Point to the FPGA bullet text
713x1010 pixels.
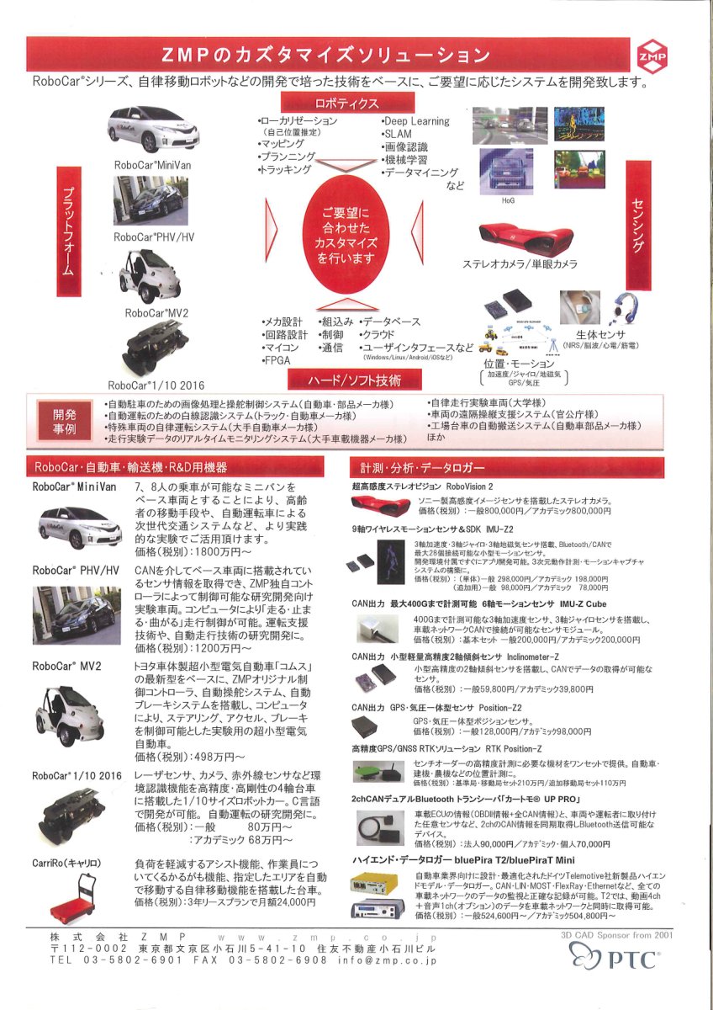[x=277, y=359]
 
